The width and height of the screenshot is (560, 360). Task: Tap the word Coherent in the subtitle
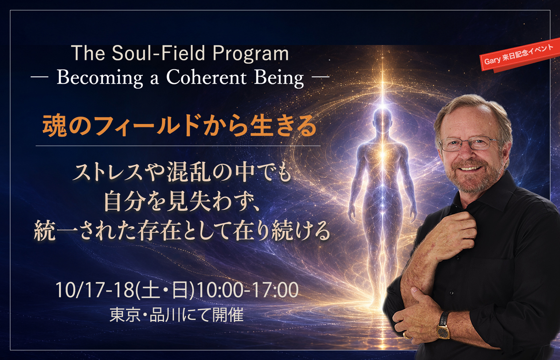(206, 77)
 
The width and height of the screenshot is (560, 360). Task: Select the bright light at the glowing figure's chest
(383, 153)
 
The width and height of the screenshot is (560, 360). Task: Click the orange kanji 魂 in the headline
(55, 125)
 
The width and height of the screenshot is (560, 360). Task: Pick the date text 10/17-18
(95, 290)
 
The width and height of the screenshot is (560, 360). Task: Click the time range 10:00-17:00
(248, 290)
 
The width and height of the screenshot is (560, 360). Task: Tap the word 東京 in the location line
(125, 315)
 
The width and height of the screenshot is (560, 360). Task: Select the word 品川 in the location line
(165, 315)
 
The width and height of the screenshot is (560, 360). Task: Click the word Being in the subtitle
(279, 78)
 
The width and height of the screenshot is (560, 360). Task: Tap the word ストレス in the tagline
(107, 172)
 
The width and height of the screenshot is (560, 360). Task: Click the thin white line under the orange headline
(178, 146)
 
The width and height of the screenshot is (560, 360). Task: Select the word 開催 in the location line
(228, 315)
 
